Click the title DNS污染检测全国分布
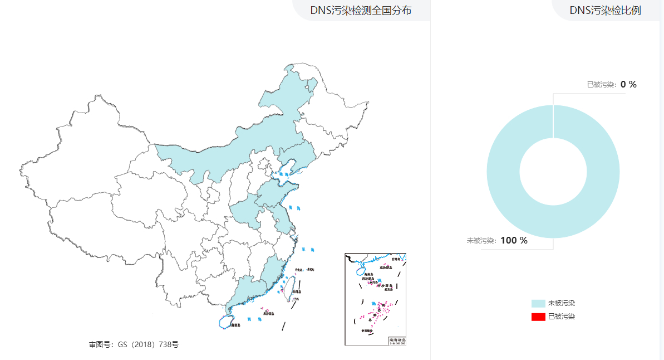(361, 10)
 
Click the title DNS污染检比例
(605, 10)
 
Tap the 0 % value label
(628, 84)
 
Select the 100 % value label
(514, 240)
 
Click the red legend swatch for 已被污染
(538, 317)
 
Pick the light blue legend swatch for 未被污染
(538, 303)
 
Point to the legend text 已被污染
(561, 317)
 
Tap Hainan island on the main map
(227, 322)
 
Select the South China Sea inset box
(376, 299)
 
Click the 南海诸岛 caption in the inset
(397, 339)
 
